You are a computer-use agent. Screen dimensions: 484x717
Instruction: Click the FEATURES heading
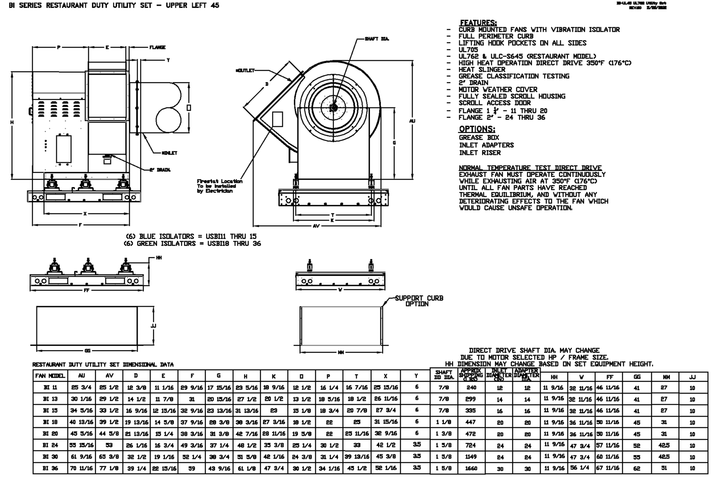[x=478, y=23]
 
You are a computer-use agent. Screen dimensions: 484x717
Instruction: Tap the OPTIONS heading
[x=477, y=129]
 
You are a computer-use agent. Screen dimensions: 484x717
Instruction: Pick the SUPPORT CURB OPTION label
[x=418, y=301]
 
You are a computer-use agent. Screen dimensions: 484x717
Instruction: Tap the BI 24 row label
[x=51, y=445]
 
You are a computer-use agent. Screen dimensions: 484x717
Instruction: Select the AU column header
[x=81, y=376]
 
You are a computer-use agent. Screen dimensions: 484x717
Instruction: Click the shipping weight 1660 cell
[x=471, y=469]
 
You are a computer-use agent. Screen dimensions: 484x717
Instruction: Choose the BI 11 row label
[x=51, y=388]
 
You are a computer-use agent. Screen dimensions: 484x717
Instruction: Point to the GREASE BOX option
[x=479, y=138]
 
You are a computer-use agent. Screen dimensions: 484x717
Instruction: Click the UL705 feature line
[x=468, y=50]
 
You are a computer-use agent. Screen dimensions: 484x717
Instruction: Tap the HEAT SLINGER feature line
[x=482, y=70]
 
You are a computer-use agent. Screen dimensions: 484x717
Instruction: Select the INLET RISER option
[x=479, y=153]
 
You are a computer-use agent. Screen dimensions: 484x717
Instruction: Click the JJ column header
[x=692, y=377]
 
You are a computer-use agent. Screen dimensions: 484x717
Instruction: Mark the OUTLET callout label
[x=245, y=70]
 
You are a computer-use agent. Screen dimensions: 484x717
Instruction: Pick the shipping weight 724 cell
[x=471, y=445]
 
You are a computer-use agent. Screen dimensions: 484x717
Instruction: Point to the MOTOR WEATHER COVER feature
[x=498, y=89]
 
